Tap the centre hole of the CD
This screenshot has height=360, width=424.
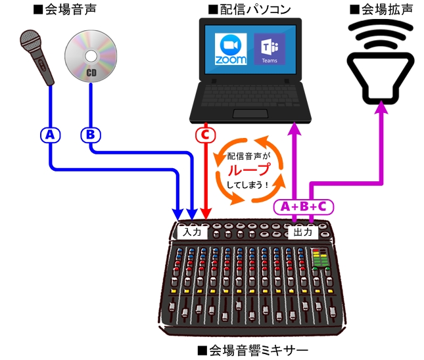click(91, 56)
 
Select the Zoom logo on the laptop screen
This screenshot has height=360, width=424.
click(231, 49)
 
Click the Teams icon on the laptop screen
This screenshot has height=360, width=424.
click(270, 49)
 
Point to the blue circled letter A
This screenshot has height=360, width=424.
click(51, 135)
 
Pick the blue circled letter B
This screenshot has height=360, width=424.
click(91, 135)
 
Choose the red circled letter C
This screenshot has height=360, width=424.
click(206, 135)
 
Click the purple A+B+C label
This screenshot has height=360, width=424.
click(304, 207)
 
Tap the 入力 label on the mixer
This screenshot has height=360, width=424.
click(192, 232)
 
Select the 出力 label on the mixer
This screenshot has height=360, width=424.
click(303, 232)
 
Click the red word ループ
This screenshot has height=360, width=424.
click(249, 169)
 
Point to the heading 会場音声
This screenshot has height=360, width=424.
click(65, 9)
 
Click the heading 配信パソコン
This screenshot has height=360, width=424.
click(250, 9)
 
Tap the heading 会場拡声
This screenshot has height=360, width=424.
click(381, 9)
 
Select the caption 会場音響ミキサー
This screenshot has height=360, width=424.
click(253, 351)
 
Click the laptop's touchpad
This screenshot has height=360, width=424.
click(250, 114)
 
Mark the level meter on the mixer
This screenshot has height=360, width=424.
click(320, 258)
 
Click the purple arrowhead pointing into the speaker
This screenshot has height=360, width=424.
click(381, 107)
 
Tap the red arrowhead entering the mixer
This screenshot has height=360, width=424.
click(206, 214)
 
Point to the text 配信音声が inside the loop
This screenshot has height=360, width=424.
click(248, 156)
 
